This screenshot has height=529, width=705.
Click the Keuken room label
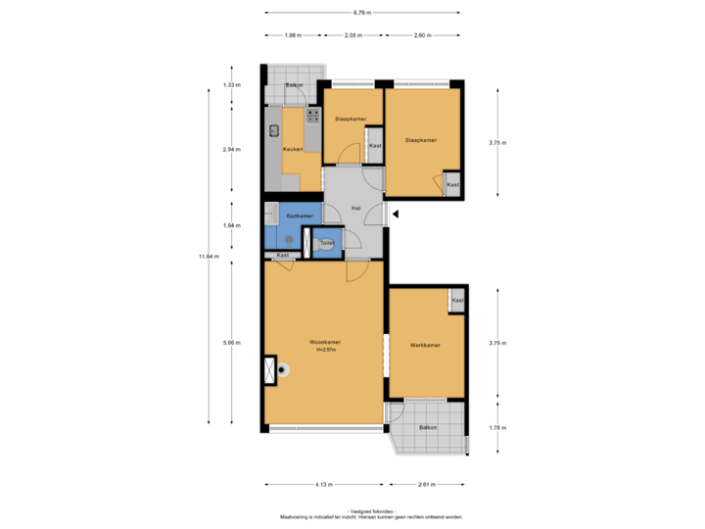coord(292,149)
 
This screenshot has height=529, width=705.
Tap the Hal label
coord(357,209)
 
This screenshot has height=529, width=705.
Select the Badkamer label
coord(299,216)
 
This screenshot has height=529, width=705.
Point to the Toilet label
coord(327,242)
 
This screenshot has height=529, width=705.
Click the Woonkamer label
coord(323,342)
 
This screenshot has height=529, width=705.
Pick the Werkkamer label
coord(425,345)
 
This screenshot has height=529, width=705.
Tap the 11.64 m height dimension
coord(208,257)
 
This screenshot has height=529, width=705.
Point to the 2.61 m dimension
coord(427,484)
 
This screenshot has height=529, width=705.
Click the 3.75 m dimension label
coord(498,143)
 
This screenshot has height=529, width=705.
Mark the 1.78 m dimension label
coord(497,427)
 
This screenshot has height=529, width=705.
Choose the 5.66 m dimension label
coord(231,342)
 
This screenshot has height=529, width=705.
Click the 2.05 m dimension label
coord(353,34)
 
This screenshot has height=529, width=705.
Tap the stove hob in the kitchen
coord(313,116)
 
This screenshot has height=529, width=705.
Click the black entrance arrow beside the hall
coord(395,213)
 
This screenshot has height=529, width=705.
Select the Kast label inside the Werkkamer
coord(457,301)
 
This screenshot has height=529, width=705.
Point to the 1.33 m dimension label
coord(231,85)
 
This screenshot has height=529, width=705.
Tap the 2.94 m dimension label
coord(231,149)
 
